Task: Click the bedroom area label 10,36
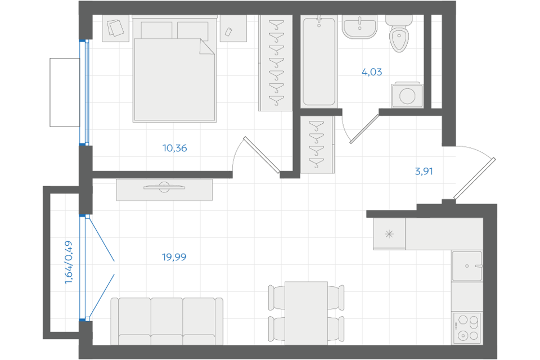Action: coord(174,148)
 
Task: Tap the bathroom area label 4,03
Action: coord(372,72)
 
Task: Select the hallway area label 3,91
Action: coord(424,171)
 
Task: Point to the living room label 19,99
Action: coord(174,257)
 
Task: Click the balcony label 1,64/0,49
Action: coord(69,263)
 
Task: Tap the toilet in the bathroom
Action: coord(399,34)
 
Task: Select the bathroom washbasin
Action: coord(359,27)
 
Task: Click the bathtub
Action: coord(319,61)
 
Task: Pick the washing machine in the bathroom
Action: coord(407,95)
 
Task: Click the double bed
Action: coord(174,69)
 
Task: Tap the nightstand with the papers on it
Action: coord(116,28)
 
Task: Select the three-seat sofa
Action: coord(166,321)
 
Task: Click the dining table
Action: coord(306,313)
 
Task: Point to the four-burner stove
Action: coord(467,328)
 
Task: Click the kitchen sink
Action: coord(467,266)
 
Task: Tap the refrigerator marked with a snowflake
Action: coord(389,234)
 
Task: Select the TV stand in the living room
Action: coord(164,190)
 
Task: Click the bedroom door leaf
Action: coord(262,155)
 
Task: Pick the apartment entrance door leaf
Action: coord(475,178)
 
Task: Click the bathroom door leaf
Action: coord(364,129)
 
